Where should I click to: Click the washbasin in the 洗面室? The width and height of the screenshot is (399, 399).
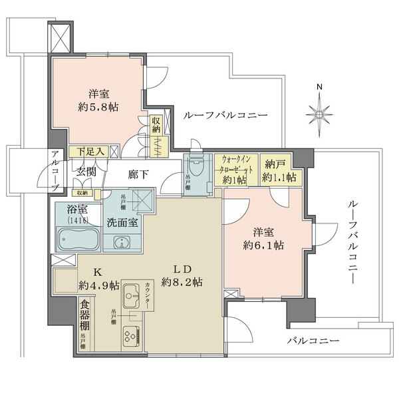click(x=121, y=241)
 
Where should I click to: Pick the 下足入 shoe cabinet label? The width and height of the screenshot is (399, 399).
click(x=90, y=152)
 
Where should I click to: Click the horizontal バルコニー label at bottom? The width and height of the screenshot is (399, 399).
click(x=313, y=341)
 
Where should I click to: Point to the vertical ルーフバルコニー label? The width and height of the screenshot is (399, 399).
click(x=352, y=242)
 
